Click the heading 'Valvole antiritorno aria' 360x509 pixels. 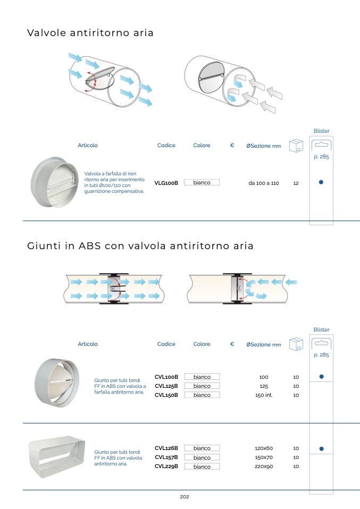[90, 33]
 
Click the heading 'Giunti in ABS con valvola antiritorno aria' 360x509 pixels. [140, 246]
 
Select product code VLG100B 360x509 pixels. [166, 183]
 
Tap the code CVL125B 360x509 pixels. [166, 386]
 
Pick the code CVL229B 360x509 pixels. [166, 466]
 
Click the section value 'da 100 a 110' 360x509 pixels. [263, 183]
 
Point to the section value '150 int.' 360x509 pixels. [264, 395]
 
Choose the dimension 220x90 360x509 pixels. [264, 466]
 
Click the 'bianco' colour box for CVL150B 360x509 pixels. [202, 395]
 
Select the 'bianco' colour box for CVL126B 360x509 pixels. [202, 448]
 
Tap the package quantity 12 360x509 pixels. [296, 183]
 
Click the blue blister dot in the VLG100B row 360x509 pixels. [321, 182]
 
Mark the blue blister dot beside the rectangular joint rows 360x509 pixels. [321, 448]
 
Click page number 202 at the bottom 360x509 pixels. [185, 497]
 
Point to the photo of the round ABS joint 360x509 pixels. [57, 382]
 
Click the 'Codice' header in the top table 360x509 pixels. [166, 146]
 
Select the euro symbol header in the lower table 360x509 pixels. [232, 344]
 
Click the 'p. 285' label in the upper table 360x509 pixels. [321, 157]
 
